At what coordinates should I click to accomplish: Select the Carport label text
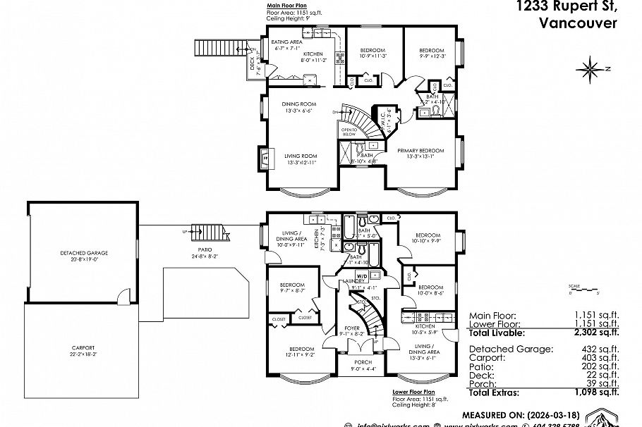pyautogui.click(x=83, y=347)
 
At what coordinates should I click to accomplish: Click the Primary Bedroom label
pyautogui.click(x=420, y=151)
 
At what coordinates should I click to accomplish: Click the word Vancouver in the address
pyautogui.click(x=577, y=23)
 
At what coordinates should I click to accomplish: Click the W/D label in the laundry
pyautogui.click(x=361, y=276)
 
